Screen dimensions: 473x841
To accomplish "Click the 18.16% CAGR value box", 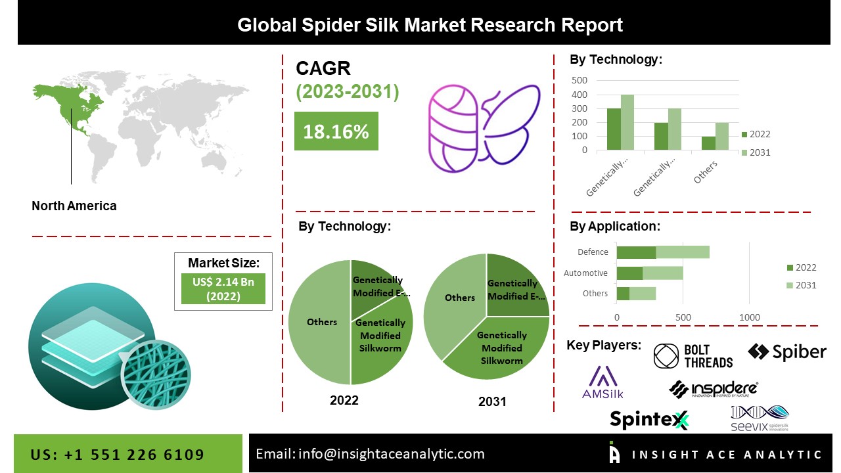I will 336,131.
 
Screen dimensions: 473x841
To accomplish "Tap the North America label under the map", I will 74,206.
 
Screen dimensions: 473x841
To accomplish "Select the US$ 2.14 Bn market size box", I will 223,288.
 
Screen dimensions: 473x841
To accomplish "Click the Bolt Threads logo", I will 693,356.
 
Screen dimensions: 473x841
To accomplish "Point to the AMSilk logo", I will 602,382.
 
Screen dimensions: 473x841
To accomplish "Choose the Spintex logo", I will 648,419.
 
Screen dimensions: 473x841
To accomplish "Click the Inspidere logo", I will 714,389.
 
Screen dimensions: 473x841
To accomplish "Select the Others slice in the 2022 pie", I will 319,322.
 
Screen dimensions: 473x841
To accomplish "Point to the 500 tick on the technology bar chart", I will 580,80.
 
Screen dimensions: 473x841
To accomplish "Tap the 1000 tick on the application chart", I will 749,318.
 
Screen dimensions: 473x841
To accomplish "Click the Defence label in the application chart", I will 593,252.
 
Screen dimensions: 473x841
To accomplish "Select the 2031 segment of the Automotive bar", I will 662,273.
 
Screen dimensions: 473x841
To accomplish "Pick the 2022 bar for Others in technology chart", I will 708,143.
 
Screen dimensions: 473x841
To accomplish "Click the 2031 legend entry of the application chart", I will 801,285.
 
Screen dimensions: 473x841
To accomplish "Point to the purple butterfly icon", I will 511,128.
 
